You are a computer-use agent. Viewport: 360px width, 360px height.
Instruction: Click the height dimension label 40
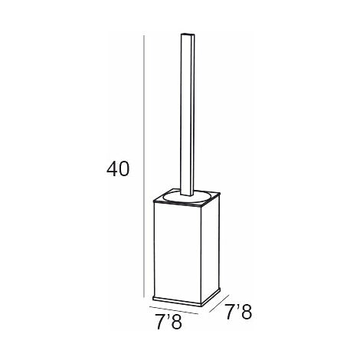coord(118,169)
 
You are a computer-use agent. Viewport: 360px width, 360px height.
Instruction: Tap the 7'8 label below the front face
coord(169,322)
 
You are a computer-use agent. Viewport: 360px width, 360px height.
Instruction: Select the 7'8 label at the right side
coord(238,312)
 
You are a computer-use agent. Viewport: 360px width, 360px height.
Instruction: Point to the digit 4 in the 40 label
coord(112,169)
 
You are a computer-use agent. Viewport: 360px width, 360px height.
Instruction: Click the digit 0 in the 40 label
coord(124,169)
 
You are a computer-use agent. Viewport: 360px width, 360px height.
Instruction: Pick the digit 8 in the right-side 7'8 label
coord(247,312)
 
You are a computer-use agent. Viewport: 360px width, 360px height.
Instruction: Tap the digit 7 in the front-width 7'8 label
coord(160,322)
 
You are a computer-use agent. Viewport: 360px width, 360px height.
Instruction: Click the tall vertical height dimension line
coord(144,166)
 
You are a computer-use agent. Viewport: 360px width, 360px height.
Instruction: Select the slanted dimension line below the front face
coord(174,310)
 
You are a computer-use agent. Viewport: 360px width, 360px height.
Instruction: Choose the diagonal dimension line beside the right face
coord(219,303)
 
